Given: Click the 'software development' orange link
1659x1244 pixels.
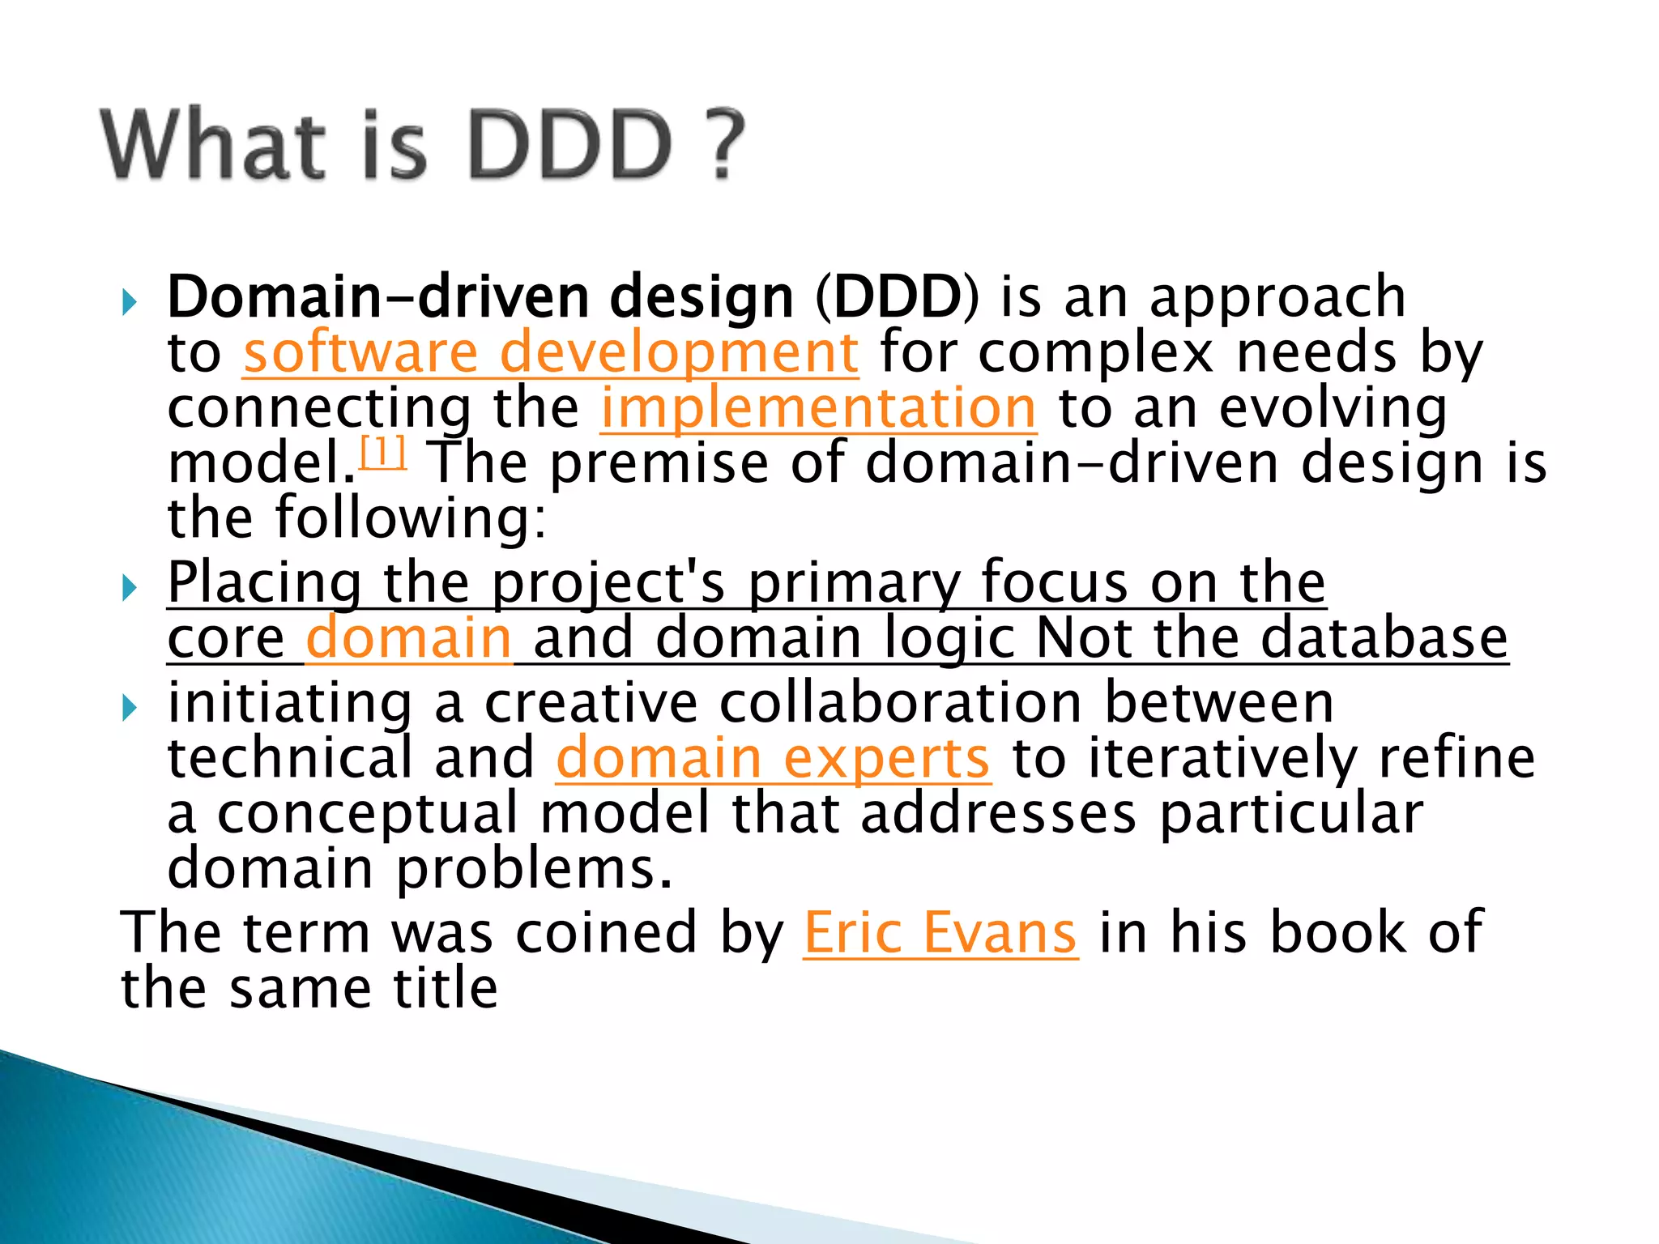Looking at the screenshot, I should [551, 354].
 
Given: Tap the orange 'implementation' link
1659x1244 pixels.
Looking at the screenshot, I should [818, 408].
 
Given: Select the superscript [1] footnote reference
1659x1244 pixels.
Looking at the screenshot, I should [382, 453].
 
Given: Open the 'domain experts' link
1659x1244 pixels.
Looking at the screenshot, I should [773, 759].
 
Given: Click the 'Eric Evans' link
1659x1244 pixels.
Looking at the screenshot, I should [940, 934].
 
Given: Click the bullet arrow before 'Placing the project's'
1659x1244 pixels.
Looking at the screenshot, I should [130, 588].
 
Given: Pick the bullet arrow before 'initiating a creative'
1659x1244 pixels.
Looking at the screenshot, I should [130, 709].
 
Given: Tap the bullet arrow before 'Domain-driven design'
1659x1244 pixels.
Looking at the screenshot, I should [130, 303].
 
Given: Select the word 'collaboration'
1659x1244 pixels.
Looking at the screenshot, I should [900, 702].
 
